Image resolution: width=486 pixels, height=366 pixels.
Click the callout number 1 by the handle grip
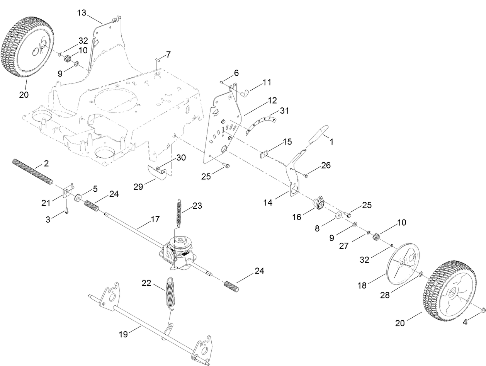[x=331, y=142]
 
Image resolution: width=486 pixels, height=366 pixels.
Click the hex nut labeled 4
[x=482, y=310]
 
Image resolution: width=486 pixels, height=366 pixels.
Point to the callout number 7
[x=168, y=54]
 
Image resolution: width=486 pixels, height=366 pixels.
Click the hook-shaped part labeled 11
[x=246, y=92]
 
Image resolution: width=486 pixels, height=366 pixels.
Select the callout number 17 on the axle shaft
[x=155, y=220]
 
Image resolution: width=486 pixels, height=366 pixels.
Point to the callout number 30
[x=181, y=158]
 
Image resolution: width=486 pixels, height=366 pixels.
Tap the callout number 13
[x=82, y=13]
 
